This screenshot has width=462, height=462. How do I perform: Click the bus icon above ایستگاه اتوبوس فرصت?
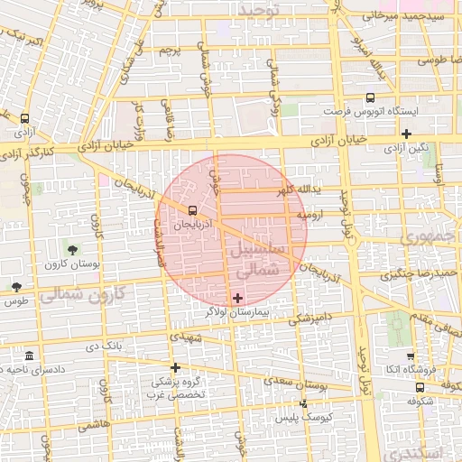pyautogui.click(x=370, y=98)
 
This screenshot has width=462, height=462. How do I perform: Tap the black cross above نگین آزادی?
pyautogui.click(x=407, y=134)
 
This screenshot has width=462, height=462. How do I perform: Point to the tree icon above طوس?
pyautogui.click(x=16, y=286)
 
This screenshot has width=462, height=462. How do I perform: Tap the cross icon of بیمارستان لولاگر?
pyautogui.click(x=237, y=298)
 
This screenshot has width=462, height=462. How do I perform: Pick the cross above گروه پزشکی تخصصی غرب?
pyautogui.click(x=176, y=367)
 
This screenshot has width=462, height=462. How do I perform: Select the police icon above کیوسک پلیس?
pyautogui.click(x=302, y=403)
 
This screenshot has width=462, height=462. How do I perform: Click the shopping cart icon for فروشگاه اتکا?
pyautogui.click(x=411, y=356)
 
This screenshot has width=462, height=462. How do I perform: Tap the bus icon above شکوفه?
pyautogui.click(x=419, y=385)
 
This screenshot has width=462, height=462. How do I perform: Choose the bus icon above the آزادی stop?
pyautogui.click(x=23, y=117)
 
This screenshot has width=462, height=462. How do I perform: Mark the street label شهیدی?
pyautogui.click(x=192, y=335)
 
